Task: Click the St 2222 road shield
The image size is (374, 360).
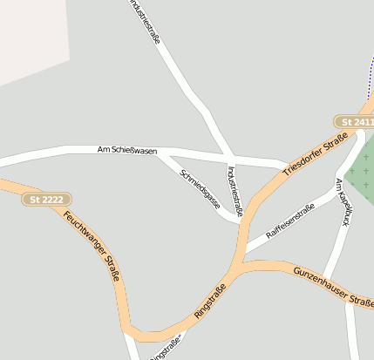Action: (x=47, y=200)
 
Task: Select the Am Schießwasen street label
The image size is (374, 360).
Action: (x=127, y=152)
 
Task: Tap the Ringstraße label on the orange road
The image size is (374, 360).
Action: (x=210, y=301)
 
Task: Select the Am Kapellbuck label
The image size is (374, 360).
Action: (x=343, y=202)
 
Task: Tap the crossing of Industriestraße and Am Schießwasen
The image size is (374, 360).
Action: (x=226, y=158)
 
